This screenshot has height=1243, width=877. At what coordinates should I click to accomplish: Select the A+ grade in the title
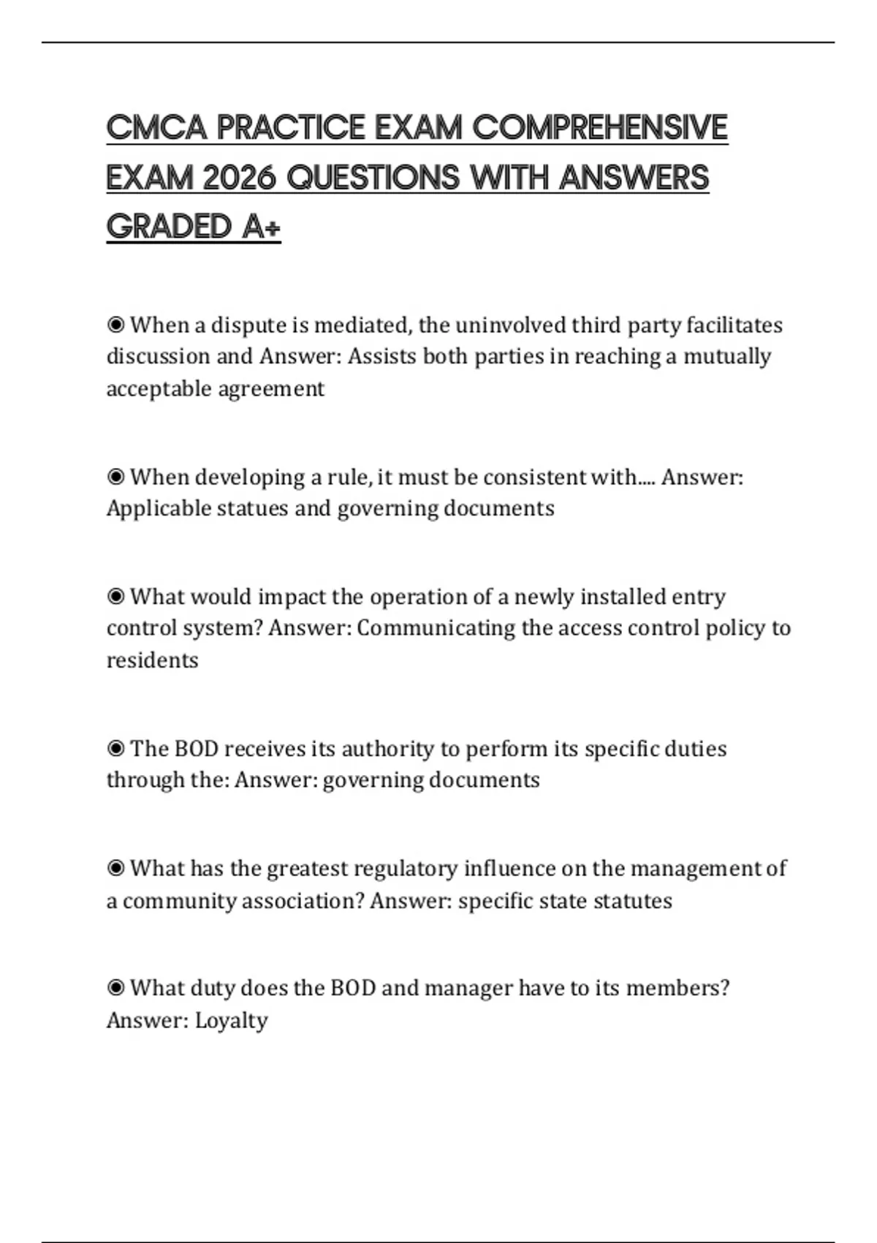tap(262, 227)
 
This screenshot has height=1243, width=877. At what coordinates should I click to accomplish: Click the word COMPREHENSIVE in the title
tap(600, 128)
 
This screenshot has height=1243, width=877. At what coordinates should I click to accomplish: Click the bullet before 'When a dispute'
tap(115, 324)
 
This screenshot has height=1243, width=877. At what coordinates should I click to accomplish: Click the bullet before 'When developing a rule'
tap(115, 477)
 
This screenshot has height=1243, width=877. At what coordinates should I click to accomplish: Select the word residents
tap(152, 660)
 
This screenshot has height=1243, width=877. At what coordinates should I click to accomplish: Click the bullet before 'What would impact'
tap(115, 597)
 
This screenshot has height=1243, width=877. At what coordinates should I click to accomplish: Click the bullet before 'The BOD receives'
tap(115, 749)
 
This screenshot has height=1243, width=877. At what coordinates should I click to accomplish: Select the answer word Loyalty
tap(231, 1020)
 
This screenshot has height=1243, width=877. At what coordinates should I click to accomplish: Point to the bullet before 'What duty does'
tap(115, 988)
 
